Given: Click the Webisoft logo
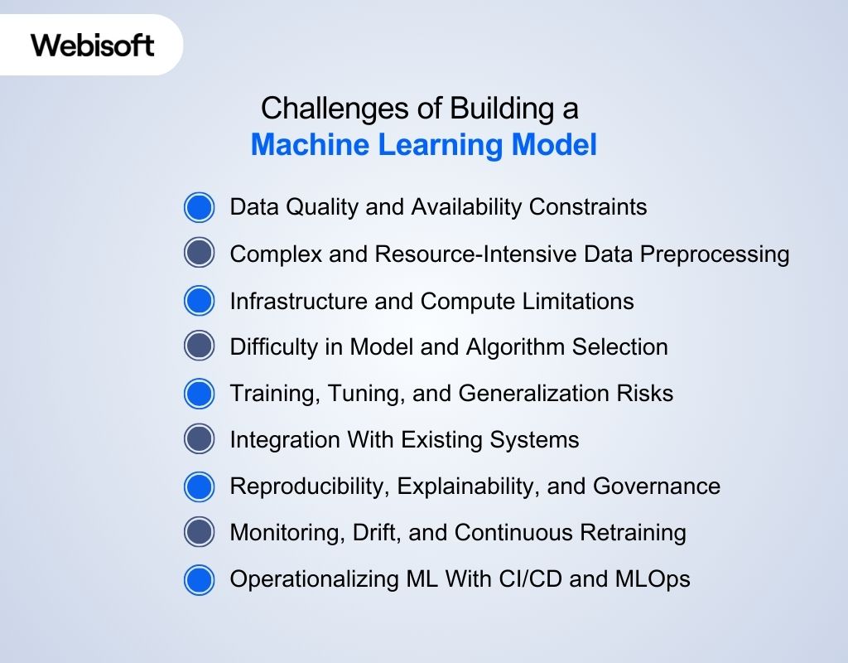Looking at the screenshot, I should pos(93,45).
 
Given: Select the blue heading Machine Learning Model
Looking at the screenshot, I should pos(423,145).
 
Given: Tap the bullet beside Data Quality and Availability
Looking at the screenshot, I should pos(199,207).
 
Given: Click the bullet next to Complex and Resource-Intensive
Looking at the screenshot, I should pos(199,254).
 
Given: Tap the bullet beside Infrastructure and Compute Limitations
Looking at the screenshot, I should pos(199,300).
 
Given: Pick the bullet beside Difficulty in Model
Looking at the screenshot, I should pos(199,346).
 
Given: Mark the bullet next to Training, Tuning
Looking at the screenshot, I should pos(199,393).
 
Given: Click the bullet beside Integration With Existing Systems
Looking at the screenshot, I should pos(199,439).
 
